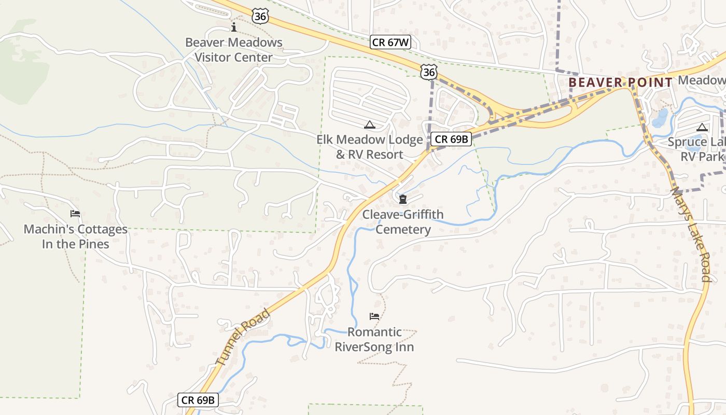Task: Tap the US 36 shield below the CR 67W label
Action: [x=429, y=72]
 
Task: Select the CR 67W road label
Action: [x=390, y=43]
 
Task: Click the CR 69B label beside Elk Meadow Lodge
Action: [x=451, y=139]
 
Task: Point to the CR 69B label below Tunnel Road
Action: [x=198, y=400]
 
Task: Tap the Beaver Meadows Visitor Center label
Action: [x=234, y=50]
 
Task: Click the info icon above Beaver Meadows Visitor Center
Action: [x=234, y=27]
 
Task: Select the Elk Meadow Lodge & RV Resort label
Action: [x=370, y=147]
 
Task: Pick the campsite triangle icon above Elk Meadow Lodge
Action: [x=369, y=125]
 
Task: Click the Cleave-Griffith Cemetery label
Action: [x=403, y=222]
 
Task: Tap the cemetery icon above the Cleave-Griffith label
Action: [x=403, y=199]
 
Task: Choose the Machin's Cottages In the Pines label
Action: [x=76, y=237]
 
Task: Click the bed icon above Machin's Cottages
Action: [x=75, y=214]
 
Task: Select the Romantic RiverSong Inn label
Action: [x=374, y=339]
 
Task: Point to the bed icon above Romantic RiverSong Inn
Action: [x=374, y=316]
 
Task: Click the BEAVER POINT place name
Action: [x=620, y=82]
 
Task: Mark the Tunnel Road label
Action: [x=243, y=338]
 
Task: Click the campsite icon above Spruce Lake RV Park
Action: [x=702, y=127]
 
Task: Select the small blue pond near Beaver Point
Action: [x=660, y=118]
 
